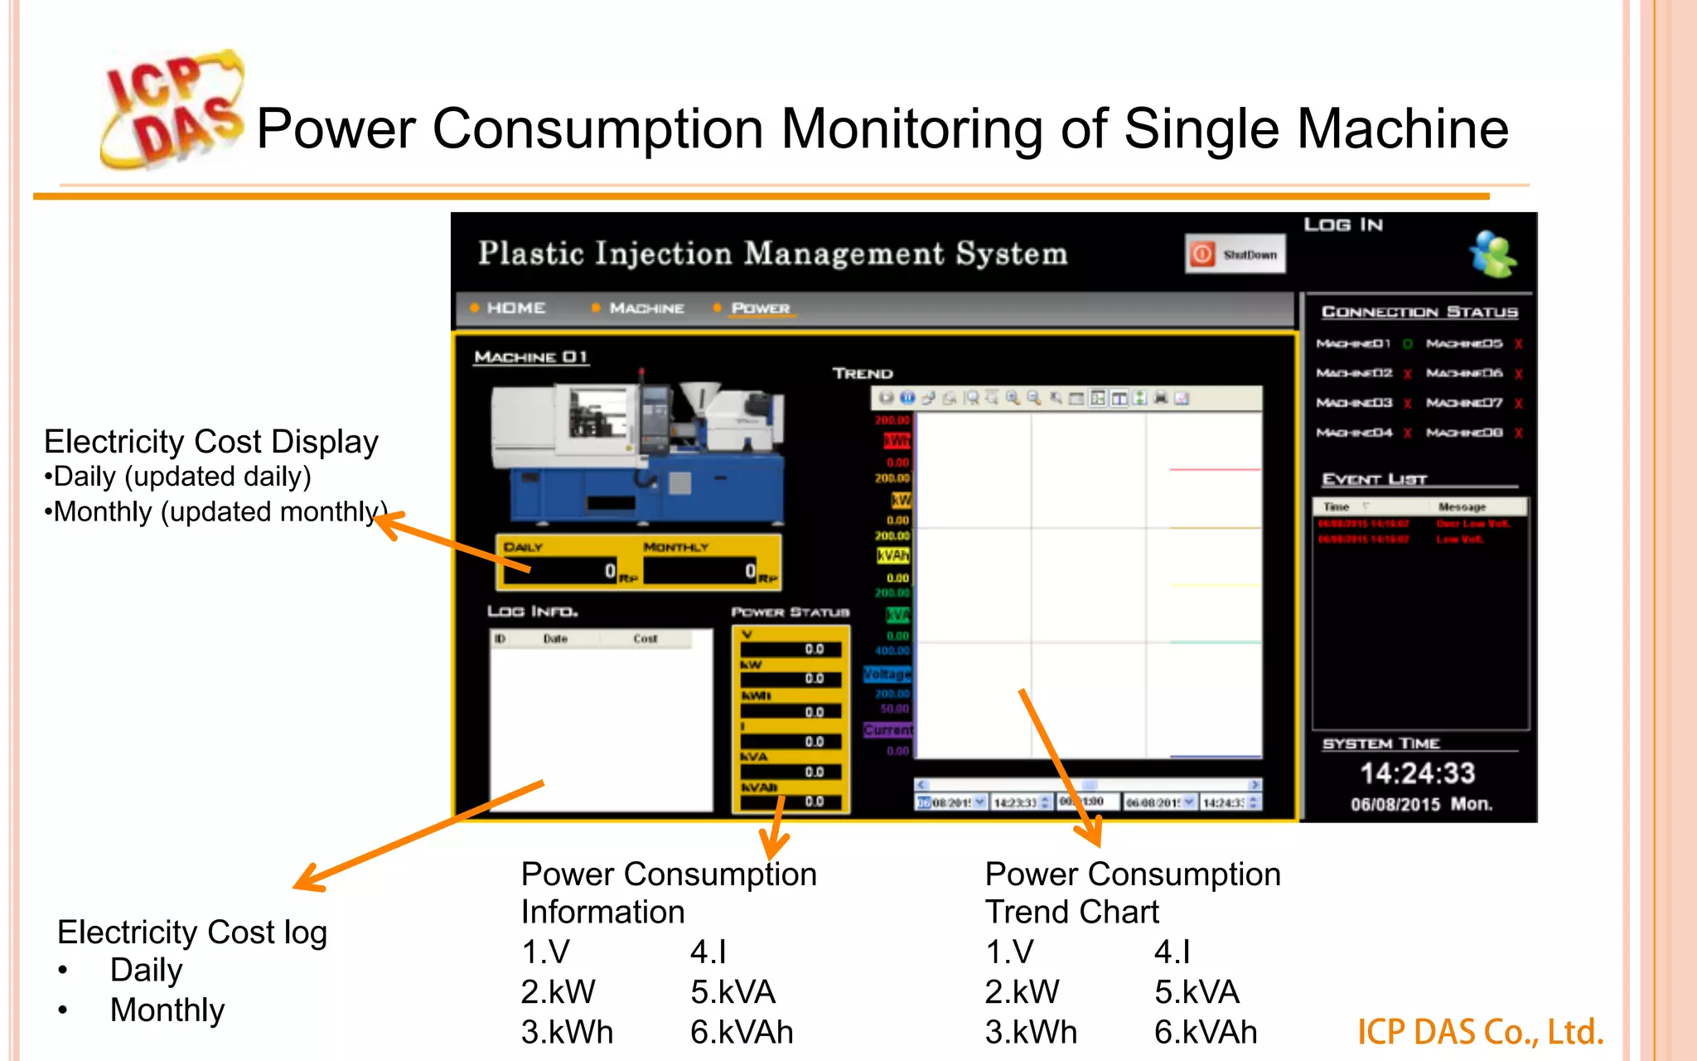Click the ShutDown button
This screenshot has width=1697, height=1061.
1235,254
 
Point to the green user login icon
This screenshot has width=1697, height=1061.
1493,254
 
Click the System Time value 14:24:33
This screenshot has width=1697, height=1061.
1417,773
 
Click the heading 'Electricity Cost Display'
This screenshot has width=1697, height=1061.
211,442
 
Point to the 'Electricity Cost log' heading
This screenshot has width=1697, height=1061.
192,933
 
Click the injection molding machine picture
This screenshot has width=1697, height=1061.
638,452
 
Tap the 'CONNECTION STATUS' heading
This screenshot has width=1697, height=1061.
1419,312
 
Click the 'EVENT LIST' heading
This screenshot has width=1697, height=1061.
1375,479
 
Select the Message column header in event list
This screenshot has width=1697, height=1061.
1462,506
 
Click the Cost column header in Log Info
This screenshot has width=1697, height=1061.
645,639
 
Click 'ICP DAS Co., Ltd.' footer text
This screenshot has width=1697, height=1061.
1480,1032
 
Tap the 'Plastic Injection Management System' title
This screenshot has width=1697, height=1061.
772,254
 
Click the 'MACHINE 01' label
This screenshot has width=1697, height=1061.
530,357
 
